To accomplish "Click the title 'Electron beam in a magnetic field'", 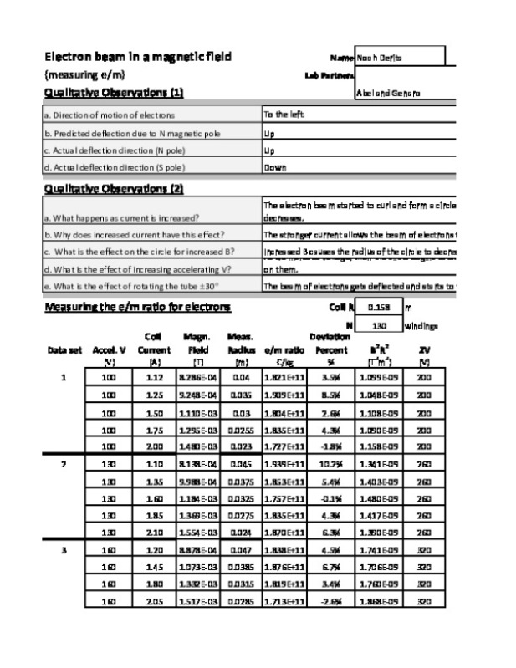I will point(138,57).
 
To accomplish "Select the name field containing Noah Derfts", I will point(380,58).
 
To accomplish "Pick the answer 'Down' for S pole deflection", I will point(275,167).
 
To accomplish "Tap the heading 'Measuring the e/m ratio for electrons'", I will point(137,308).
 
